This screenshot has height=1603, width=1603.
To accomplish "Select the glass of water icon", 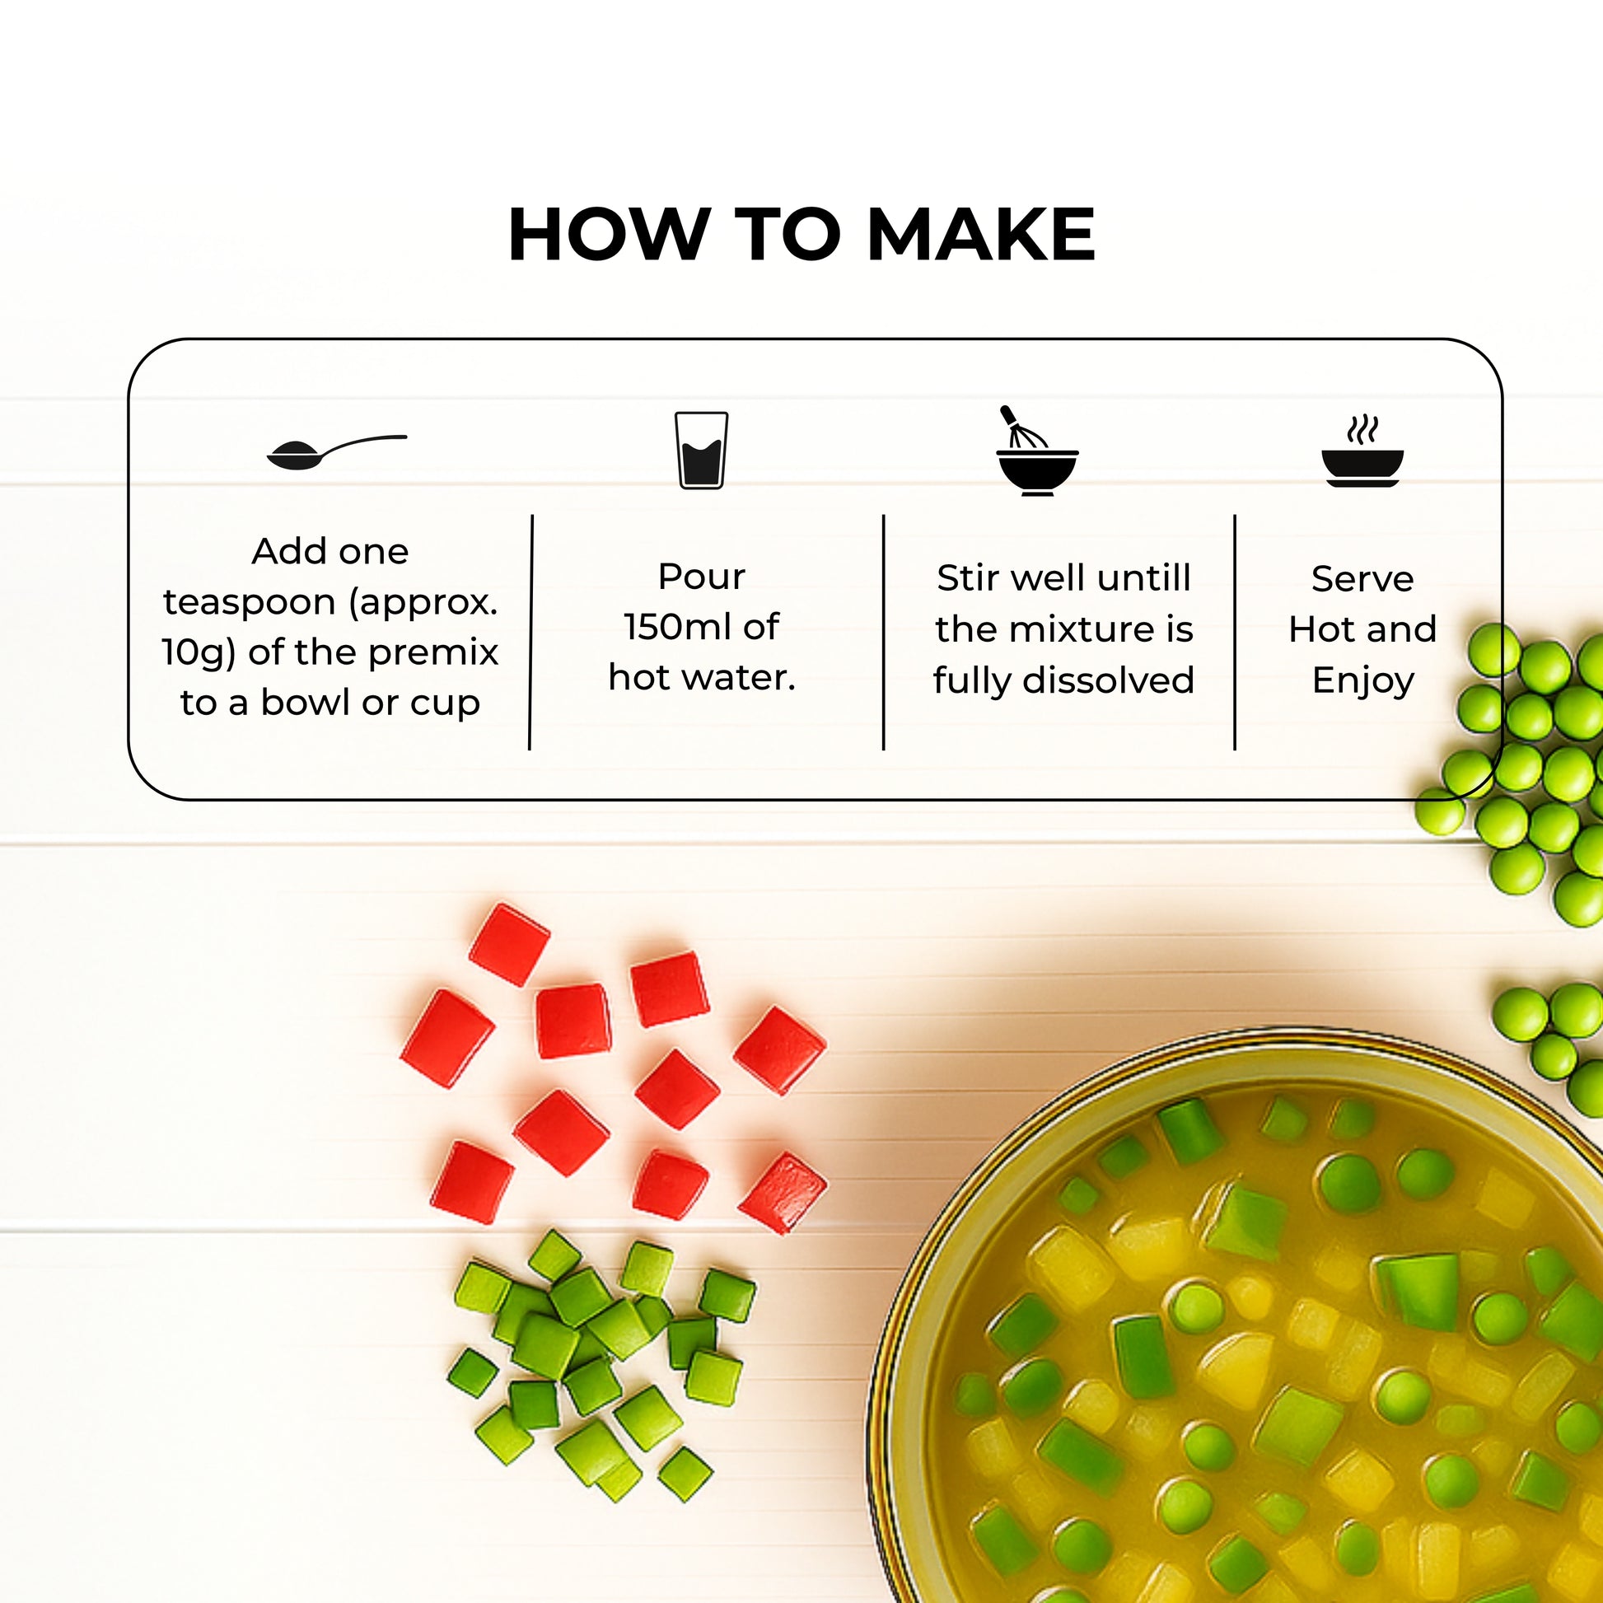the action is [701, 451].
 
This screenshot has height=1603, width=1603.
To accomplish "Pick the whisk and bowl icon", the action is [1036, 451].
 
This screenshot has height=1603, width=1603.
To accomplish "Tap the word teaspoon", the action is [250, 603].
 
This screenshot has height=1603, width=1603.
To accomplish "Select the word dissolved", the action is [1109, 680].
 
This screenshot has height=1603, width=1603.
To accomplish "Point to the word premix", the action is [433, 653].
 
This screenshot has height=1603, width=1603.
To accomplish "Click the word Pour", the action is [701, 577].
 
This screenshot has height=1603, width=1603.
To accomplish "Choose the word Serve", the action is [1362, 579].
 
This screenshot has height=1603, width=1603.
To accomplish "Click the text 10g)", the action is [199, 653].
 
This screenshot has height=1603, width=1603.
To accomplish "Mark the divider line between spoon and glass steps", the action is [531, 633].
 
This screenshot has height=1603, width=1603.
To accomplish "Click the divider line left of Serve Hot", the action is [1235, 633].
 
